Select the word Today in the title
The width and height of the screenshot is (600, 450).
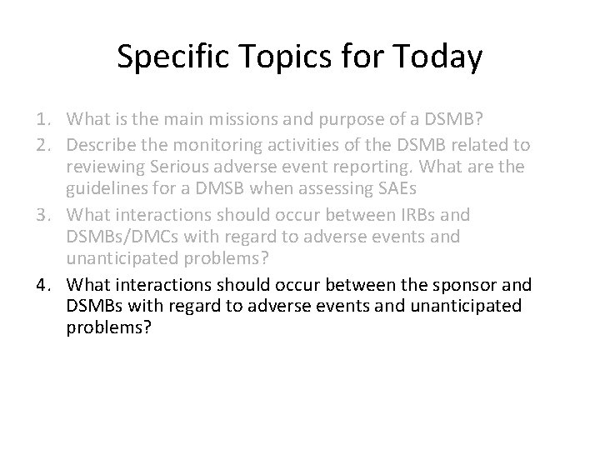[x=437, y=57]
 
